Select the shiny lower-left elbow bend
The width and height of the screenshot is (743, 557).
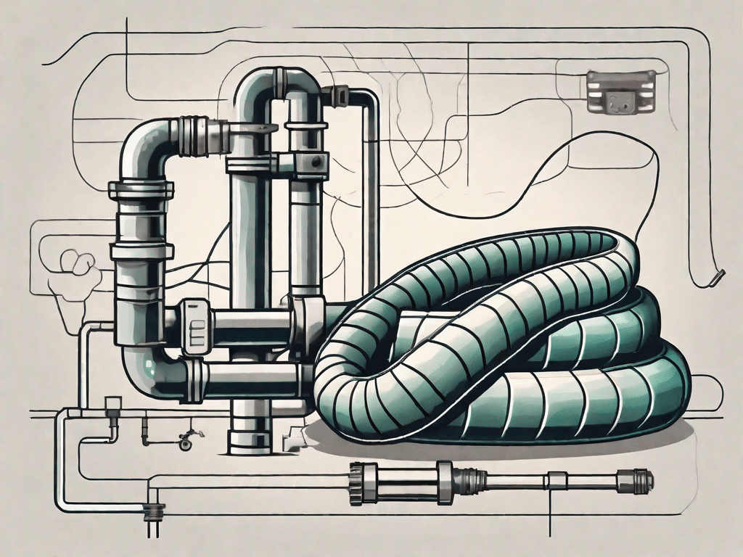(x=149, y=370)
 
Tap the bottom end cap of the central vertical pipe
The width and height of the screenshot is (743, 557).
(x=249, y=440)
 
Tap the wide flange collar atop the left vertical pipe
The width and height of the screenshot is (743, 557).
(x=141, y=190)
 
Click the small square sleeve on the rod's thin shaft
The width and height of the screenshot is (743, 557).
(x=557, y=479)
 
